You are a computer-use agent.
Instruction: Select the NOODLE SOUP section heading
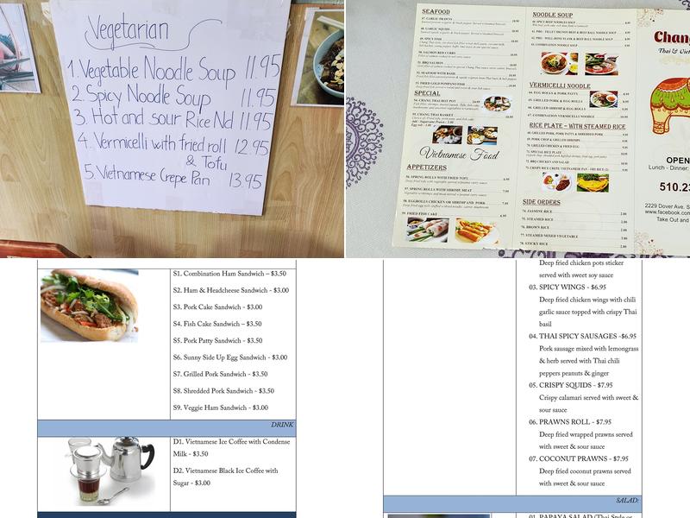point(553,16)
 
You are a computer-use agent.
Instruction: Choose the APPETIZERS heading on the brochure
point(428,167)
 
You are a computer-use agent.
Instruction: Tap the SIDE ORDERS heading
point(542,201)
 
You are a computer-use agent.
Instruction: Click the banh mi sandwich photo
point(89,305)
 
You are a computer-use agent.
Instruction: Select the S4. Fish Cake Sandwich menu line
point(217,324)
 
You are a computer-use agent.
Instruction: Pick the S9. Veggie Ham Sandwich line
point(221,407)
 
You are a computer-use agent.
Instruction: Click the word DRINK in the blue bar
point(283,425)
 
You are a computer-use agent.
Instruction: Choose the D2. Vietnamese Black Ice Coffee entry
point(225,477)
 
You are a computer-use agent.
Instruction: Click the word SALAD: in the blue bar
point(627,500)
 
